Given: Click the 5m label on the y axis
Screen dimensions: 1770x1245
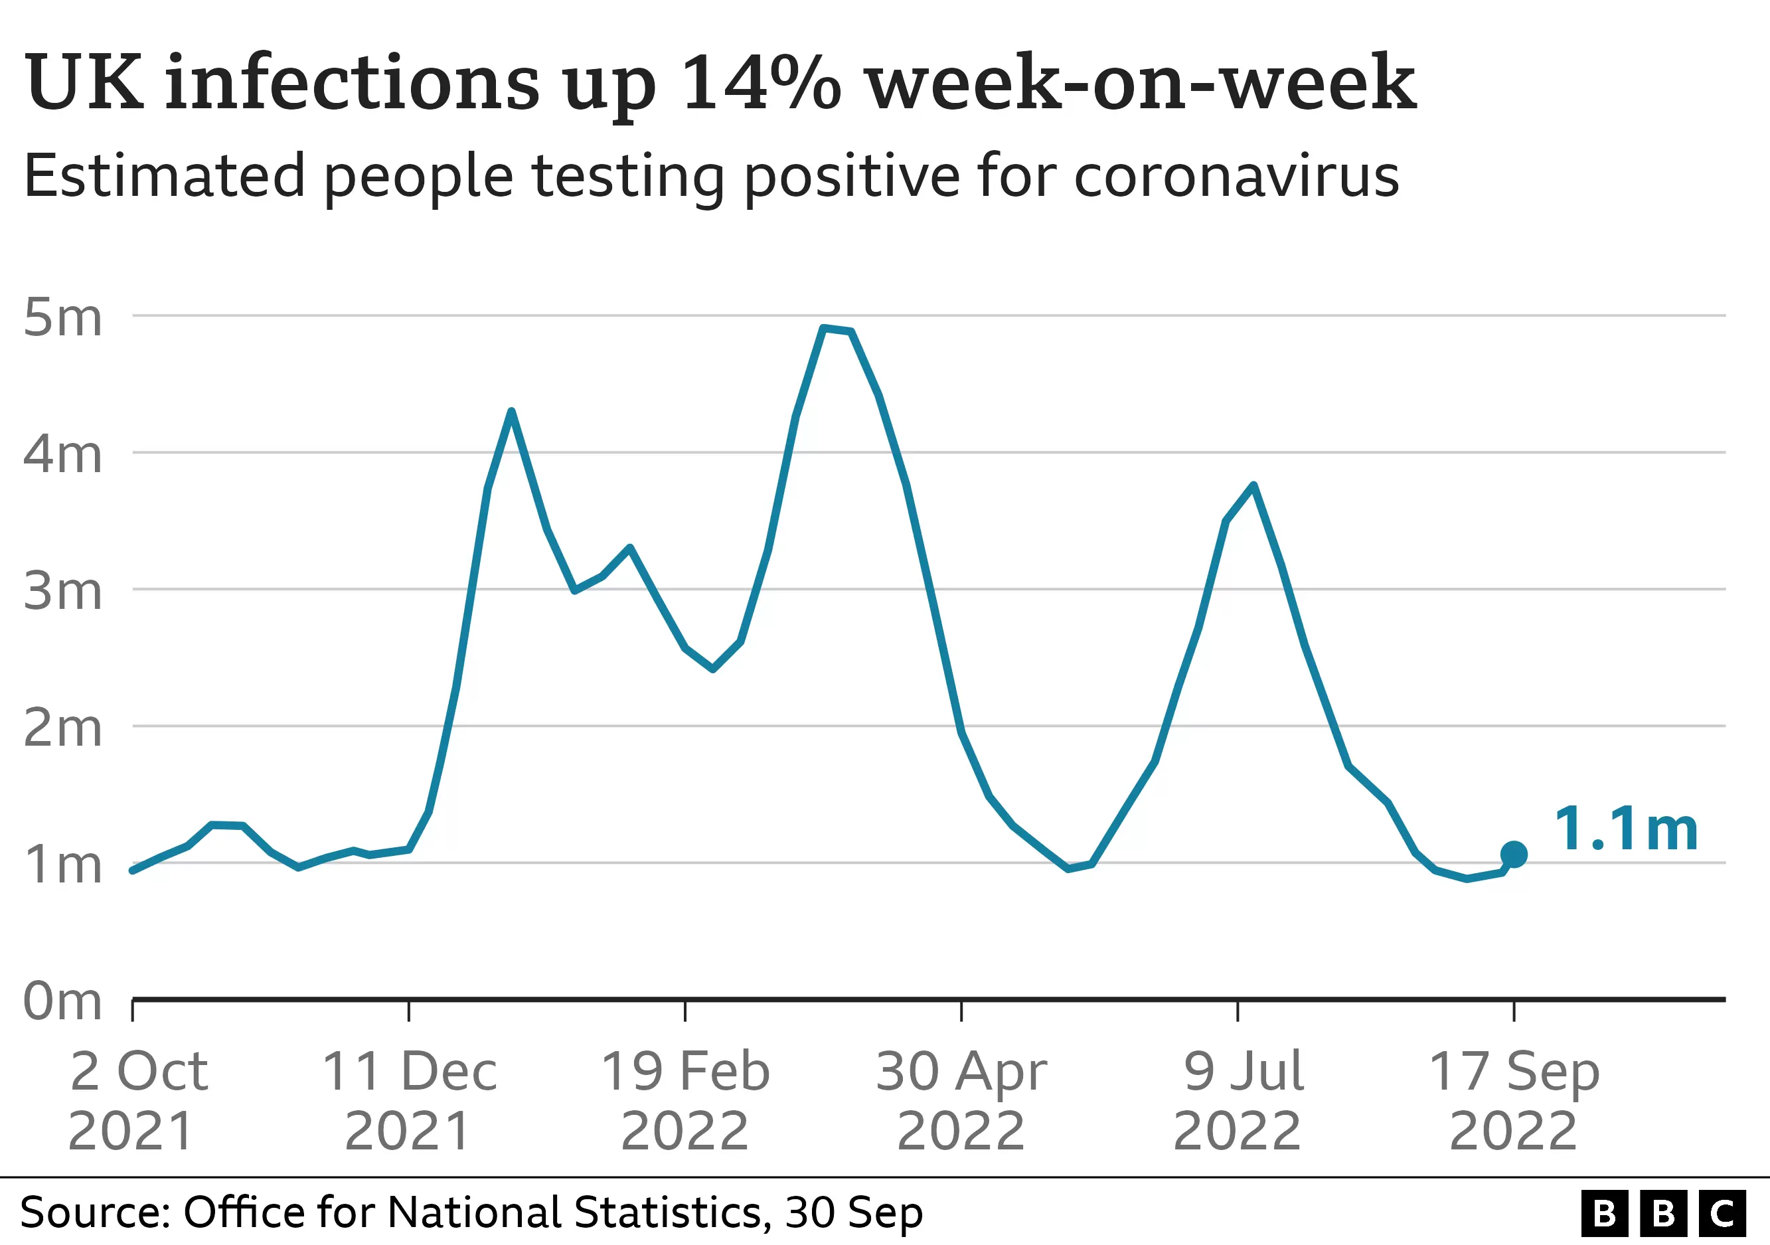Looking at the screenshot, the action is pos(62,317).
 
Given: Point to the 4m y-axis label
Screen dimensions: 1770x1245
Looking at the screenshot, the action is pos(62,454).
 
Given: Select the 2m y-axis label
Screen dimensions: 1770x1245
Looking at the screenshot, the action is pos(62,728).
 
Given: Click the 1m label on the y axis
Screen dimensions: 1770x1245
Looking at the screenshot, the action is pos(62,865).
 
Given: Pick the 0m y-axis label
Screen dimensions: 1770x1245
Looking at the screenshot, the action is pos(62,1001).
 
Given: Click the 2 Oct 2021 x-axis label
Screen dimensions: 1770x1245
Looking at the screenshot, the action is pos(137,1100).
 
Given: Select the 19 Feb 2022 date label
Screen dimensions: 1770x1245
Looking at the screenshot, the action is pos(685,1100).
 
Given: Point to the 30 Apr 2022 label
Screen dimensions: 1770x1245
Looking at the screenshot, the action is pos(961,1100).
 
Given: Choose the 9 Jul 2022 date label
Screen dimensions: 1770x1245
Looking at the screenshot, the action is pos(1239,1100).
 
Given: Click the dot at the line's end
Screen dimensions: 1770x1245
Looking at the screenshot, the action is pos(1514,854).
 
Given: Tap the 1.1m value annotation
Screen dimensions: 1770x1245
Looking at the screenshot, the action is pos(1627,829).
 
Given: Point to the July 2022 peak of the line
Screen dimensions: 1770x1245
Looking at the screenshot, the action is pos(1254,485).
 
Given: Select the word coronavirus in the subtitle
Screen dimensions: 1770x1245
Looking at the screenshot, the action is pos(1236,177).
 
